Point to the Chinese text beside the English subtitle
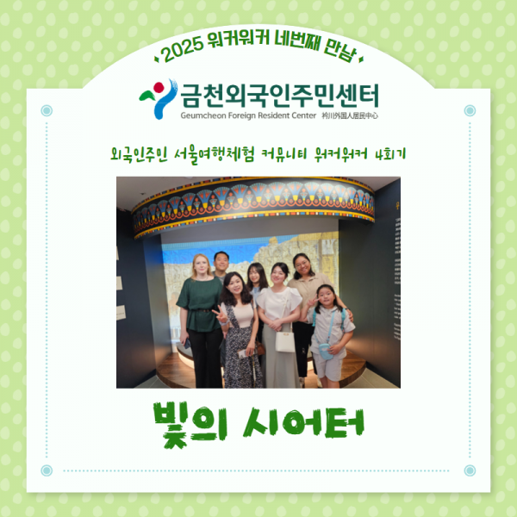tap(351, 114)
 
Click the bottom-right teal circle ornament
tap(470, 470)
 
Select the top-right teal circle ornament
tap(470, 110)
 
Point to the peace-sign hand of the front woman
tap(220, 315)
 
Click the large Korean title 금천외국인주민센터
tap(279, 93)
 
